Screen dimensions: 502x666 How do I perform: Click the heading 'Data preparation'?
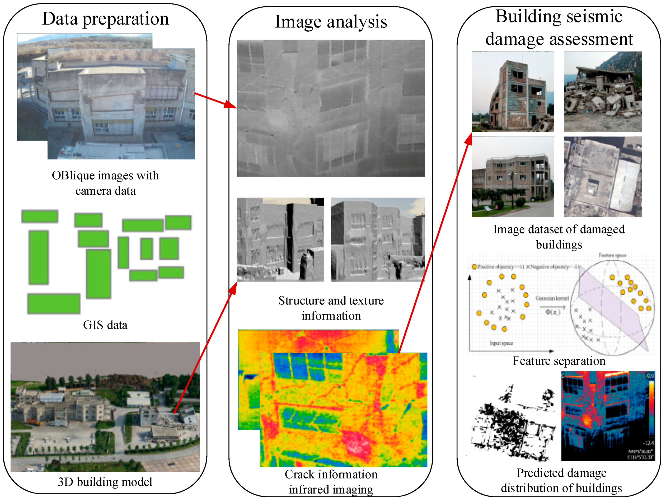point(105,19)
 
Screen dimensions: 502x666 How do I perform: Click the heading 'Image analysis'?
point(331,22)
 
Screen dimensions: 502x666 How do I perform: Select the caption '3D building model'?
point(105,482)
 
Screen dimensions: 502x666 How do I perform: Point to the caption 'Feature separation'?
point(559,361)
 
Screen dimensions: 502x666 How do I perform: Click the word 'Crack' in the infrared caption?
point(299,474)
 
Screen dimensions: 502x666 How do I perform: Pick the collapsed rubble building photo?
point(603,92)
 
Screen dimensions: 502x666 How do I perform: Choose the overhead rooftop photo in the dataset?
point(603,177)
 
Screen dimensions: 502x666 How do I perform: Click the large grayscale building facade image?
point(331,108)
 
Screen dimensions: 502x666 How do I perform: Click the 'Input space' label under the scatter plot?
point(501,343)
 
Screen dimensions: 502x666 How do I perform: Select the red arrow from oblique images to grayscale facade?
point(215,101)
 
